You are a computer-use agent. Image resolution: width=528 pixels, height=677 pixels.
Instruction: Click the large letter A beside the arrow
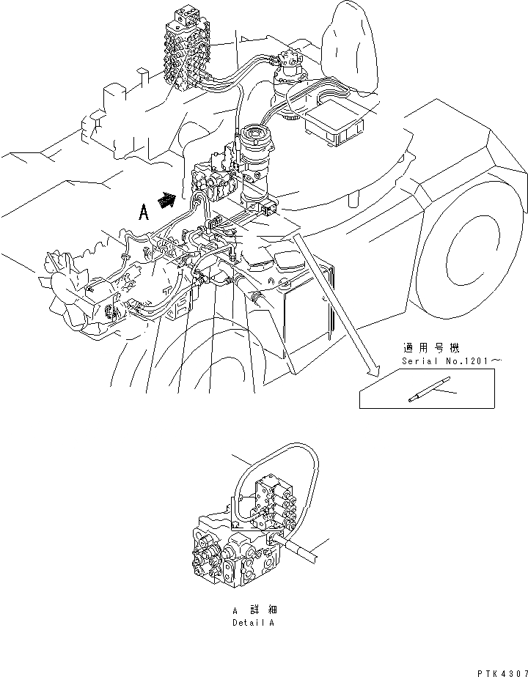point(145,212)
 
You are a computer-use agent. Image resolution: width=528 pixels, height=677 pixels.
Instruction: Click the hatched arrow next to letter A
point(169,199)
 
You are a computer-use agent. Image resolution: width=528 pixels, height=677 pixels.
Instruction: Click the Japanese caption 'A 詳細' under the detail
point(254,610)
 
